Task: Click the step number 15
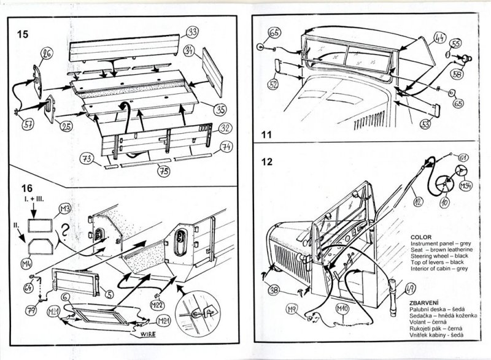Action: pos(23,34)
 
